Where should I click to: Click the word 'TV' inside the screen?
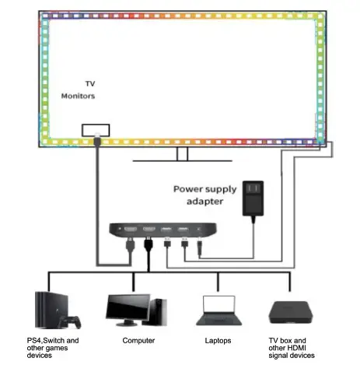[89, 82]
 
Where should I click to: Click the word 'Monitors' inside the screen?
[79, 96]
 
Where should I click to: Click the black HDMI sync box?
[164, 230]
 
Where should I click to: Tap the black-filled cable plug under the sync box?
[147, 244]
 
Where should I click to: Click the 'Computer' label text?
[138, 341]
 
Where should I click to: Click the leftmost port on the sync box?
[127, 230]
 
